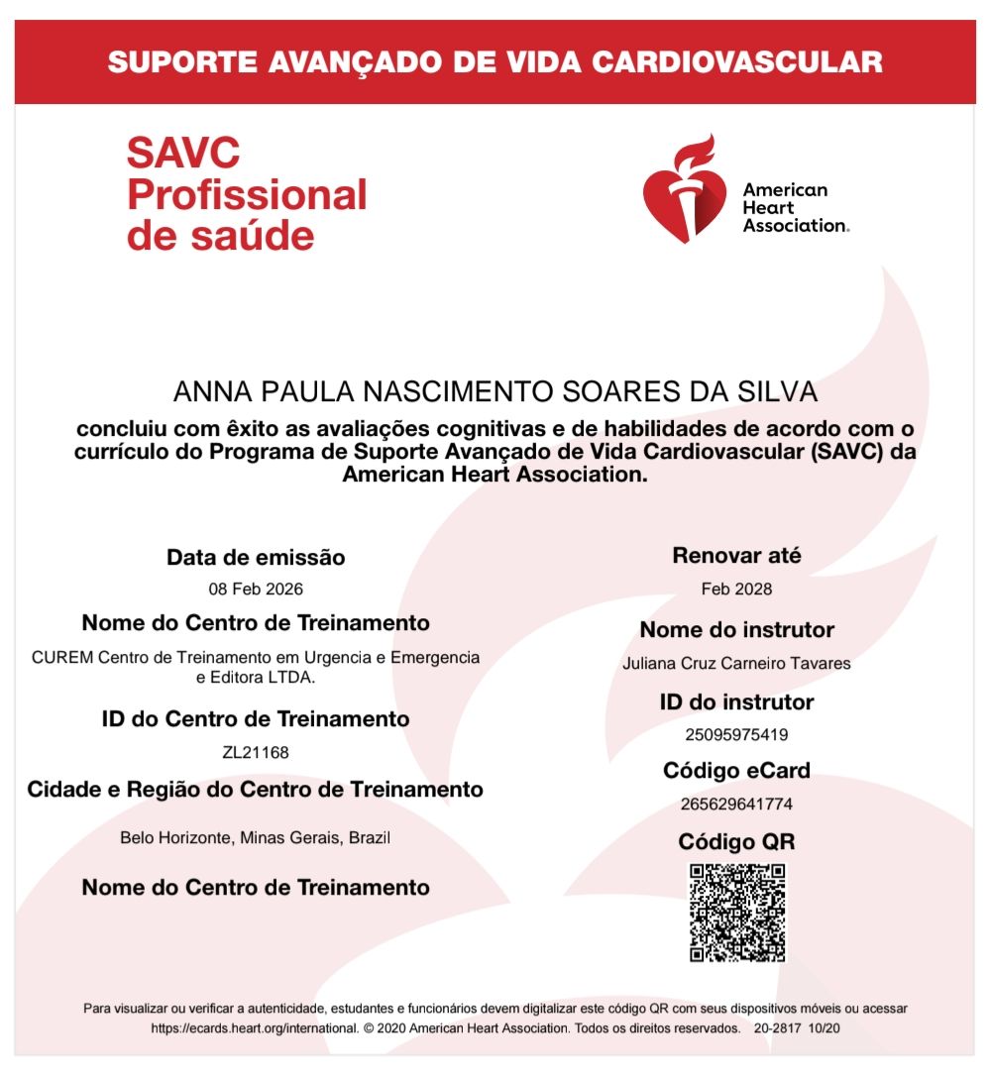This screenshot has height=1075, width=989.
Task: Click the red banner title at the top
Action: pyautogui.click(x=494, y=62)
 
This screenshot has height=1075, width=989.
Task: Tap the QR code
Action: pyautogui.click(x=737, y=913)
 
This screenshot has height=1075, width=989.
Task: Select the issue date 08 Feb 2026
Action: pyautogui.click(x=256, y=589)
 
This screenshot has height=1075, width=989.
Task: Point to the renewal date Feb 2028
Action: pyautogui.click(x=736, y=589)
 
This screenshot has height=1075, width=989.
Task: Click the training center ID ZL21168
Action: pyautogui.click(x=256, y=752)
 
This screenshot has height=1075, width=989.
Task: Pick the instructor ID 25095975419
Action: pyautogui.click(x=736, y=735)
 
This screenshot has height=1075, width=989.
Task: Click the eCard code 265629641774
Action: pyautogui.click(x=736, y=804)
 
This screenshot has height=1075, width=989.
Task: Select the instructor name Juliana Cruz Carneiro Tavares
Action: pyautogui.click(x=736, y=663)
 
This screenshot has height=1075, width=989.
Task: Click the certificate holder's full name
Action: pyautogui.click(x=495, y=391)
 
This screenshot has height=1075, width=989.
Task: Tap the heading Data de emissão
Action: pyautogui.click(x=256, y=558)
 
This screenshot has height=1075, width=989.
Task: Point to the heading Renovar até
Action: pyautogui.click(x=736, y=556)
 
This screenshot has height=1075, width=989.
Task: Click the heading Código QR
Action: pyautogui.click(x=736, y=842)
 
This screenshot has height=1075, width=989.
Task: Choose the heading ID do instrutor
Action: pyautogui.click(x=736, y=702)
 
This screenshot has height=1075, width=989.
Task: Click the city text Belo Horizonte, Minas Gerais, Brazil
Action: pyautogui.click(x=256, y=837)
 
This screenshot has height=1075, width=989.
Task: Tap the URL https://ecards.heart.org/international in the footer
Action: pyautogui.click(x=254, y=1028)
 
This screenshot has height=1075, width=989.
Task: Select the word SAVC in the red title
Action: pyautogui.click(x=183, y=153)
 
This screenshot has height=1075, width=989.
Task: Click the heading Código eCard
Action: pyautogui.click(x=736, y=770)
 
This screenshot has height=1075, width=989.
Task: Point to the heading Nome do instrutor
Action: pyautogui.click(x=736, y=630)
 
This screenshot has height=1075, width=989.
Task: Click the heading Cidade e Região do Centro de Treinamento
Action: pyautogui.click(x=256, y=790)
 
